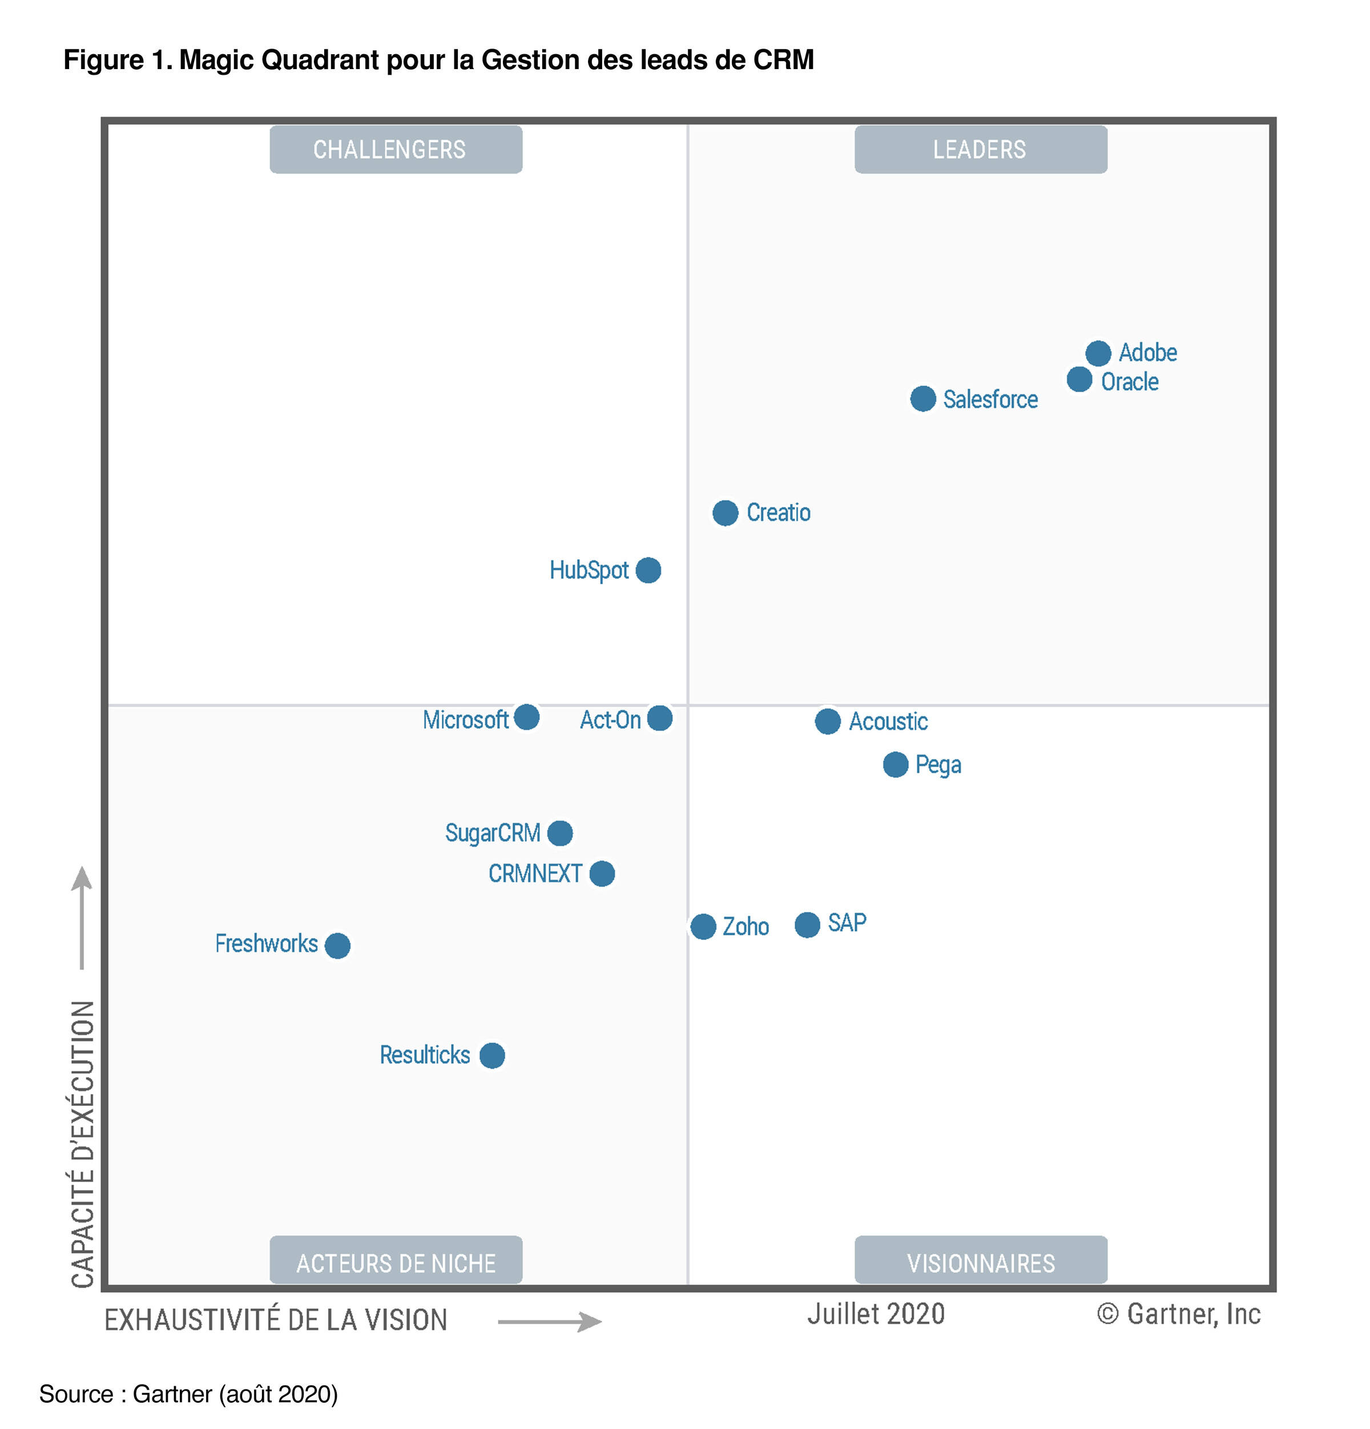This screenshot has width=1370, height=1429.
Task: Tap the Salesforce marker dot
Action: (x=922, y=399)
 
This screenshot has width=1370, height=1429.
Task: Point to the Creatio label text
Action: (x=778, y=513)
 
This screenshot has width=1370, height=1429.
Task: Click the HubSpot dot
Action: (x=648, y=570)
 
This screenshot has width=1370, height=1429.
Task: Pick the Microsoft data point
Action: (x=526, y=717)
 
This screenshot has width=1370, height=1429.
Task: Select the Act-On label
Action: (x=610, y=720)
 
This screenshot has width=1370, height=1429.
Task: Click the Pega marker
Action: (x=895, y=765)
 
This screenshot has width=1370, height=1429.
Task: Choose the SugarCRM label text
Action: (x=492, y=833)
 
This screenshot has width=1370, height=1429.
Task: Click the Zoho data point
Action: (x=703, y=927)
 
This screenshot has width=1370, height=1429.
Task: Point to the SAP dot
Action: (x=807, y=925)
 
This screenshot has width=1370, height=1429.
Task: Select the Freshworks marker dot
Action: (x=337, y=946)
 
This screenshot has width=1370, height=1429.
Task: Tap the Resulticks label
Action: (x=424, y=1055)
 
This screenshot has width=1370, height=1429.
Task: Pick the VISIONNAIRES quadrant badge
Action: (x=980, y=1263)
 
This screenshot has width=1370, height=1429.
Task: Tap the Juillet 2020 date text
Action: (x=875, y=1314)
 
